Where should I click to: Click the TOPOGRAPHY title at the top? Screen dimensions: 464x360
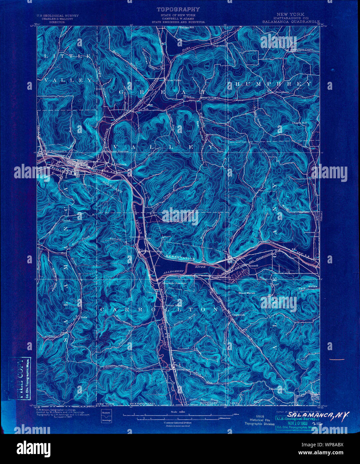click(178, 9)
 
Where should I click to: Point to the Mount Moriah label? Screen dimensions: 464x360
click(247, 293)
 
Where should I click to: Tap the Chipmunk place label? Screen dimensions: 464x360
click(238, 314)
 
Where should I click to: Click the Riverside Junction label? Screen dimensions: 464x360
click(174, 283)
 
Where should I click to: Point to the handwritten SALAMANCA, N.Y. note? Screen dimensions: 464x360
click(318, 415)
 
